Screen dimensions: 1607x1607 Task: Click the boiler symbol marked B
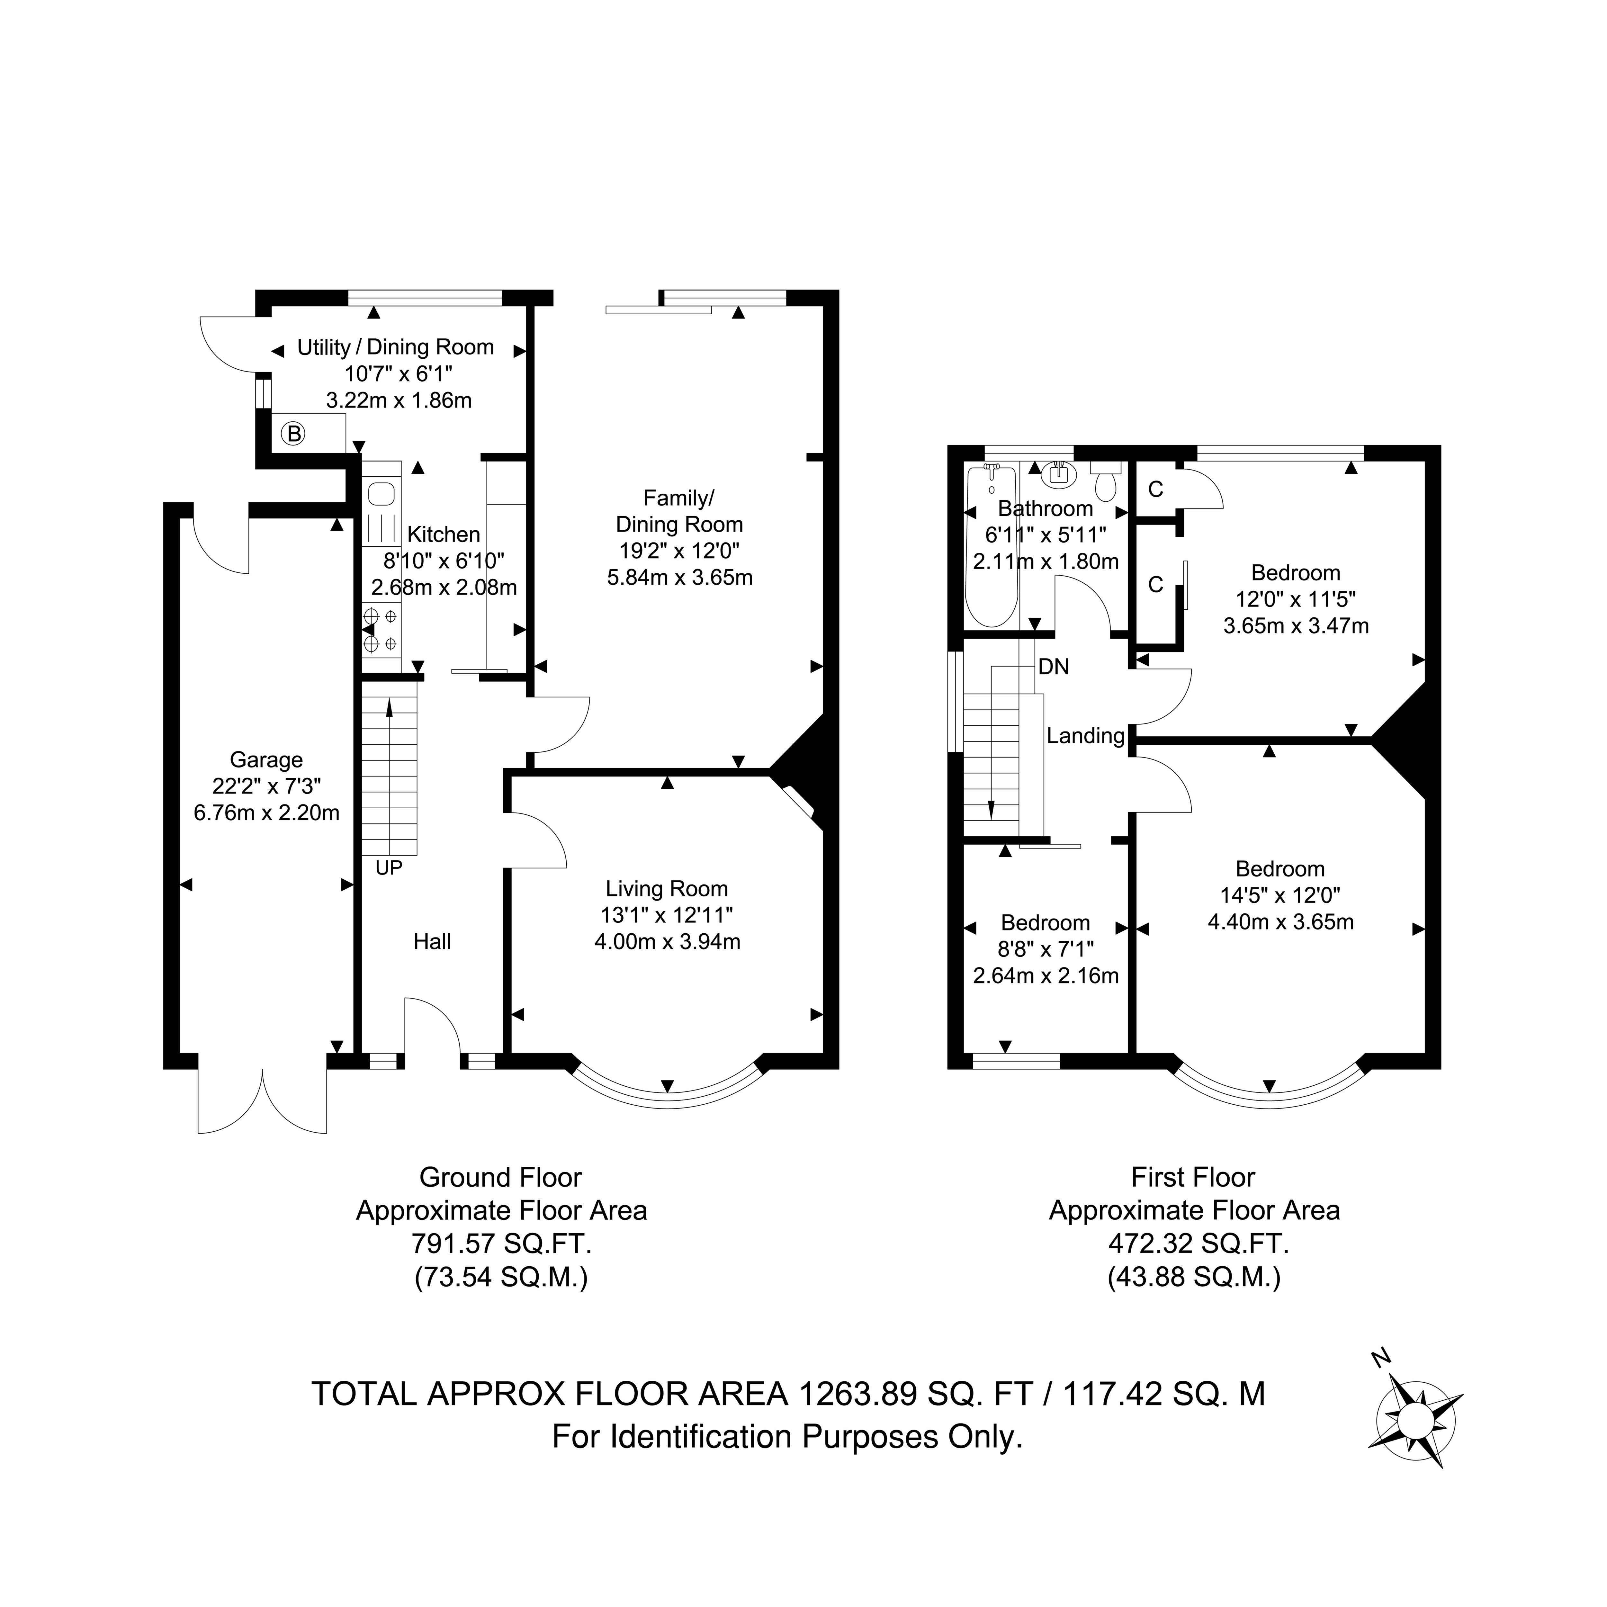[294, 433]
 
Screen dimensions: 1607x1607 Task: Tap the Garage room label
[266, 759]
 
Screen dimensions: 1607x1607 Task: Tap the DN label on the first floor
[1054, 666]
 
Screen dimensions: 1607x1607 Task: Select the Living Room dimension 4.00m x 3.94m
[667, 942]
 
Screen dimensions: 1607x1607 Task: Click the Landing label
[1085, 735]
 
